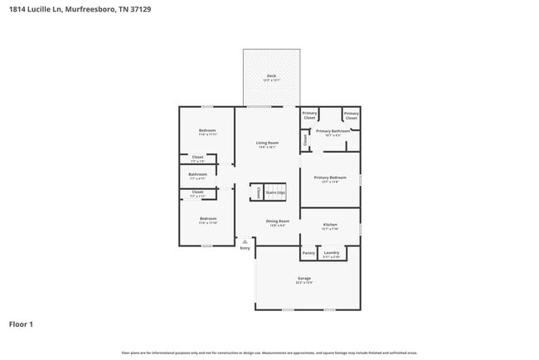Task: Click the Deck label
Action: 270,76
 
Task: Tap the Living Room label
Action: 266,144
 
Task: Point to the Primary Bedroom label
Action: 329,178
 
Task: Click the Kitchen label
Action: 329,225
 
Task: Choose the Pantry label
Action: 308,253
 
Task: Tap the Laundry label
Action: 332,253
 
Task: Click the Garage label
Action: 304,279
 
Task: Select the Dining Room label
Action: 277,221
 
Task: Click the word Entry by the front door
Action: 245,248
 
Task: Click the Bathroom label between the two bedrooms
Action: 197,174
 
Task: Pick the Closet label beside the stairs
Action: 259,192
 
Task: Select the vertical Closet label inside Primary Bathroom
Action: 305,141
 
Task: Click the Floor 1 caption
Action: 22,324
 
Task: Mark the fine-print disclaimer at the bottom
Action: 269,353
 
